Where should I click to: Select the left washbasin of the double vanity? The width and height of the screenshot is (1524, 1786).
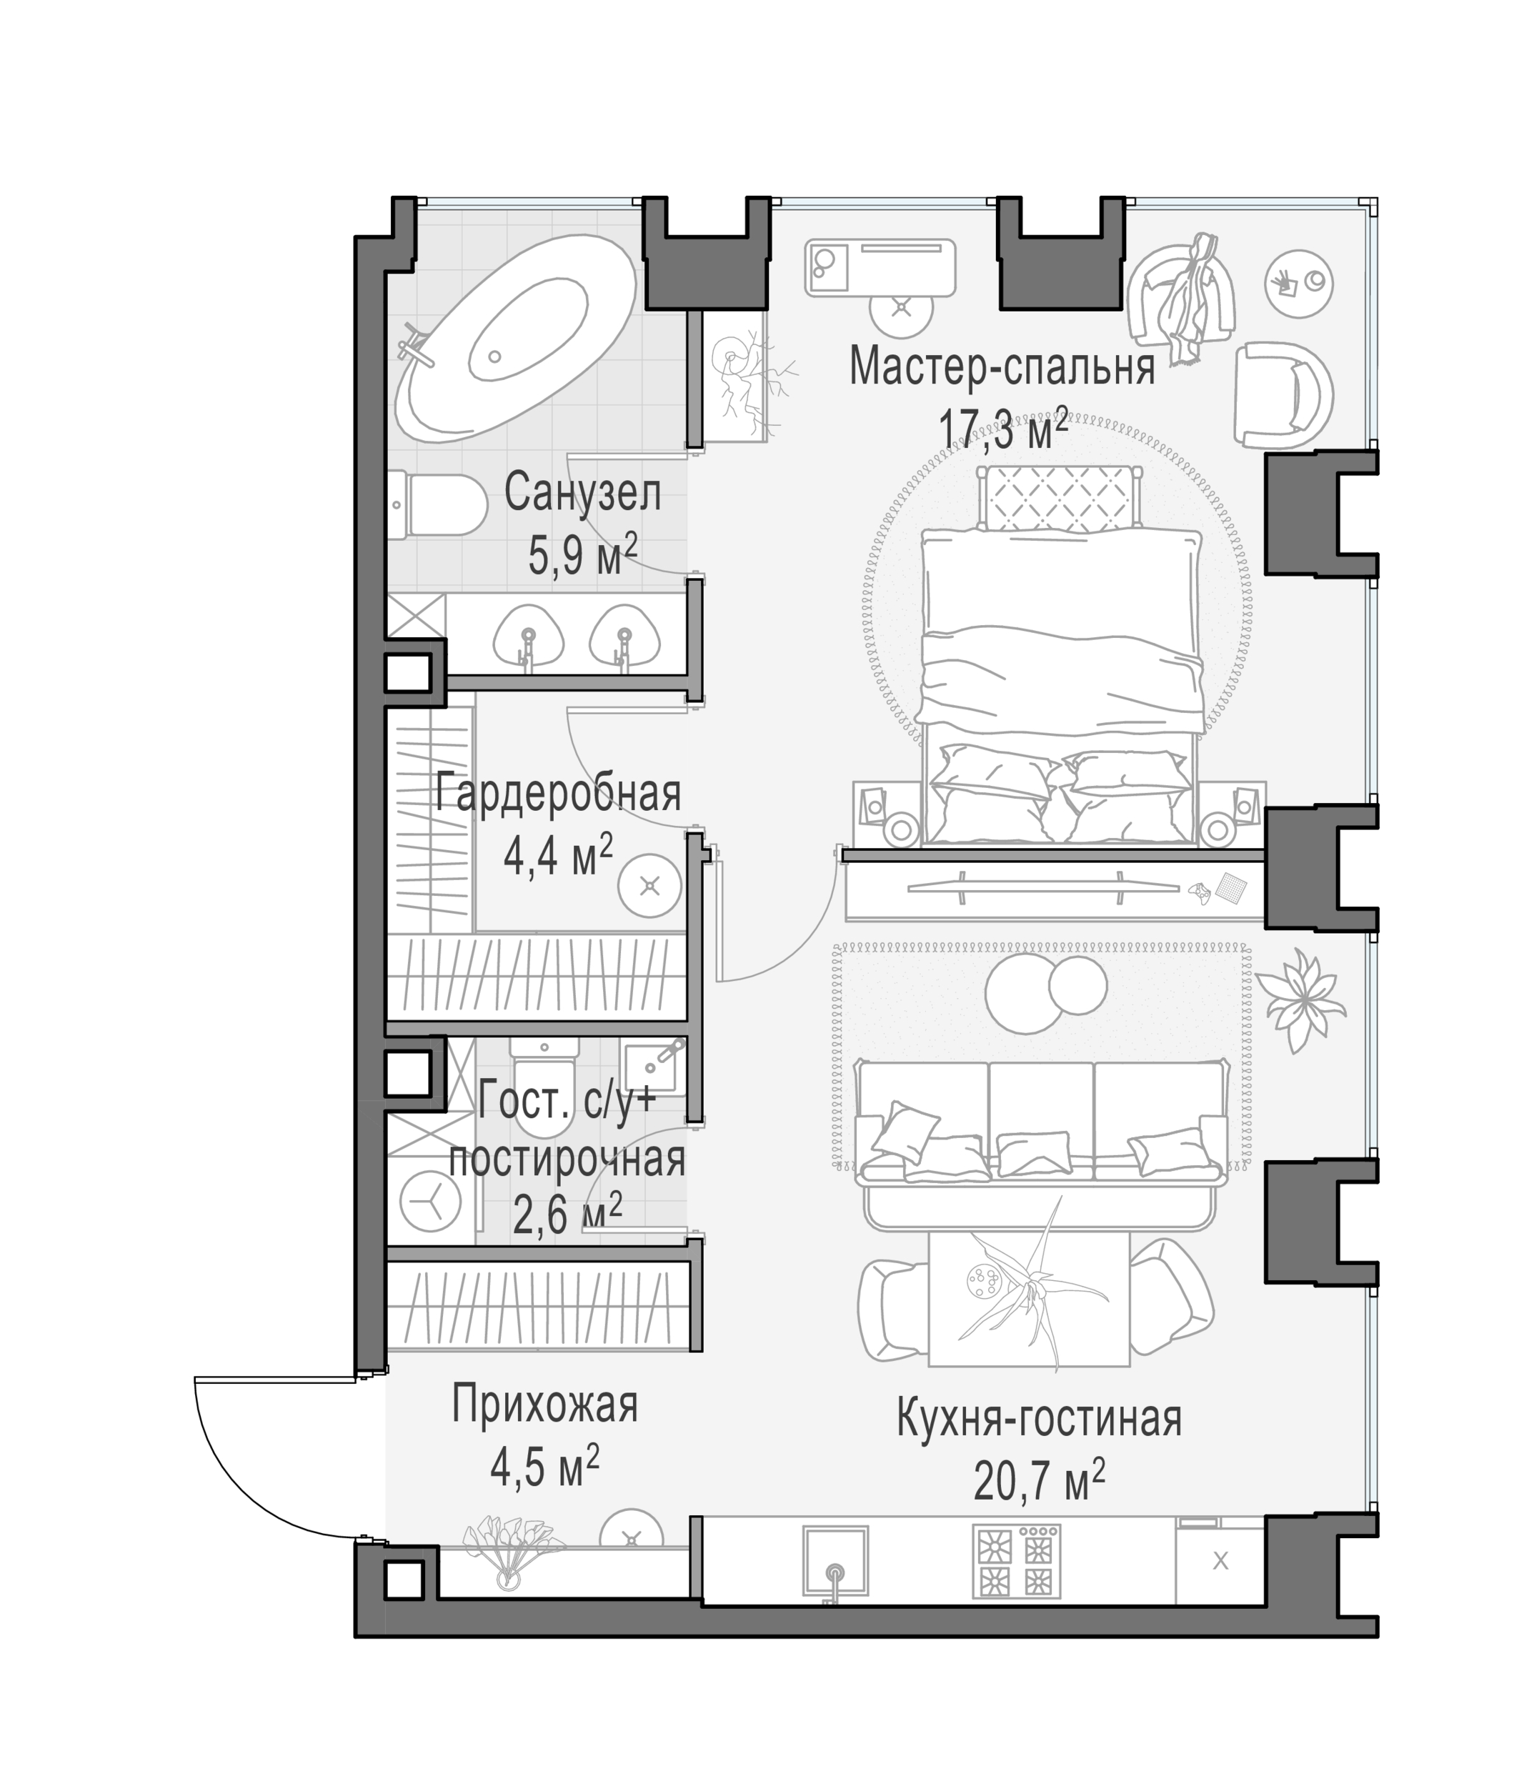tap(529, 638)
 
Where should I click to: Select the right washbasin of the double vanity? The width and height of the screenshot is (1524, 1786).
tap(623, 638)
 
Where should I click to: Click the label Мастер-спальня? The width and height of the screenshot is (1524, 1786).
tap(1002, 366)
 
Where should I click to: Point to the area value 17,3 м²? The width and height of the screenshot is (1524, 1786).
tap(1002, 429)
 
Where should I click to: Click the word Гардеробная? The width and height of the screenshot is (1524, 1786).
tap(558, 792)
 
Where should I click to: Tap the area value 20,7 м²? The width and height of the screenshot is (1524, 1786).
tap(1039, 1481)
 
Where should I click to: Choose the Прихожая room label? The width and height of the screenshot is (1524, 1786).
tap(544, 1404)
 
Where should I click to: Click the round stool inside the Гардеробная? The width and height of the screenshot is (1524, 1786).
tap(650, 884)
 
